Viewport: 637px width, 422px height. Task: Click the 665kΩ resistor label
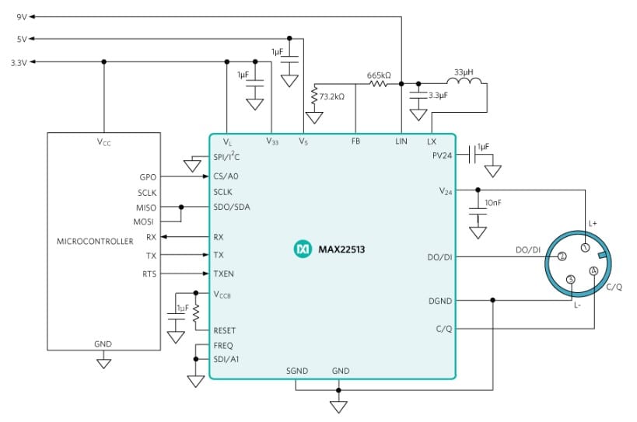[379, 76]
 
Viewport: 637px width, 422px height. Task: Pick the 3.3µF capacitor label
[439, 96]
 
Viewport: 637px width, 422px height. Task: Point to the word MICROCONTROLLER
[96, 242]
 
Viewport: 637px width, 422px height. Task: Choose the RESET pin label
[225, 330]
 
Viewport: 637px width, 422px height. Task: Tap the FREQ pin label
[223, 345]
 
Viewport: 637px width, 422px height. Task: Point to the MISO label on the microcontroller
[145, 208]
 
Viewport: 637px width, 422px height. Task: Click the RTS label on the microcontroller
[149, 274]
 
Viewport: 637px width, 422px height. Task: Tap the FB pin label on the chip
[355, 142]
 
